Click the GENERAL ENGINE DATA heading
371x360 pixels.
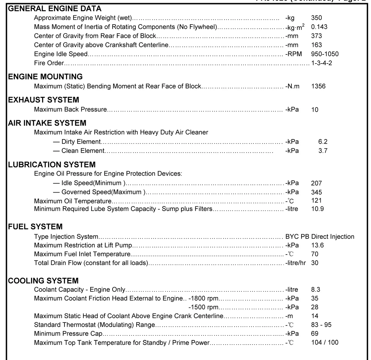pos(55,8)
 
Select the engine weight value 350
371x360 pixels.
pos(316,18)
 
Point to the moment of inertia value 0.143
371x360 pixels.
pos(319,27)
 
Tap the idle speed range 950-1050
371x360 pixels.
pos(325,54)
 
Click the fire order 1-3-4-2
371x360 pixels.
pos(321,63)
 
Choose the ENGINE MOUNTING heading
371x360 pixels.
pos(45,77)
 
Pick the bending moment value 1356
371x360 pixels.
pos(318,86)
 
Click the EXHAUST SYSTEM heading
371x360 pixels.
pos(43,100)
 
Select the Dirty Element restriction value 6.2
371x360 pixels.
pos(323,142)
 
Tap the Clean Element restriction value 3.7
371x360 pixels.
pos(323,151)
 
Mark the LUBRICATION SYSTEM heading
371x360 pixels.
pos(52,165)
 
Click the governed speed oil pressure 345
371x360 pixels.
pos(316,192)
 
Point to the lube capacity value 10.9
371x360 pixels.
pos(317,209)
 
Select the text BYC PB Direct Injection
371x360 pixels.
pos(319,237)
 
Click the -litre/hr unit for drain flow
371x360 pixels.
pos(295,263)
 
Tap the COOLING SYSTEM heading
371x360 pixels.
pos(43,281)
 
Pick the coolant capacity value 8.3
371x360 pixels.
pos(316,290)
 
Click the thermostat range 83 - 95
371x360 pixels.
pos(321,325)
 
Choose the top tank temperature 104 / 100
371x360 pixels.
pos(324,342)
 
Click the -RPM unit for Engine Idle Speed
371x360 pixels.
pos(293,54)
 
